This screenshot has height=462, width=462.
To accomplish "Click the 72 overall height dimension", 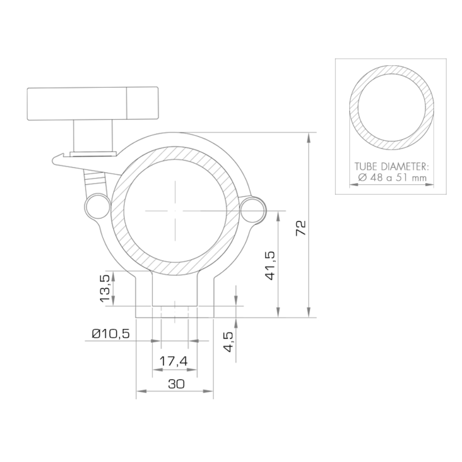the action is [x=301, y=227].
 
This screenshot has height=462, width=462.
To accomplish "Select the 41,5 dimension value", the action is [x=270, y=265].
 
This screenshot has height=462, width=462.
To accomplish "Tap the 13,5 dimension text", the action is [x=105, y=288].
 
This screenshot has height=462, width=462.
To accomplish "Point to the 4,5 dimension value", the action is [x=228, y=342].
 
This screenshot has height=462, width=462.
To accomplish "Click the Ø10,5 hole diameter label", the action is [x=111, y=334].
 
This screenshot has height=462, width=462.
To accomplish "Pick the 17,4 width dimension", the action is [x=174, y=361].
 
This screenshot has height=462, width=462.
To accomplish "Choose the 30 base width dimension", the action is [x=176, y=384].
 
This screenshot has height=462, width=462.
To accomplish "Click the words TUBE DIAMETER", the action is [x=392, y=166].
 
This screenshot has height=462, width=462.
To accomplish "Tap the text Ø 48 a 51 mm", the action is [x=392, y=177].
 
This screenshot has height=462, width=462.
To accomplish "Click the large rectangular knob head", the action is [x=92, y=103].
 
